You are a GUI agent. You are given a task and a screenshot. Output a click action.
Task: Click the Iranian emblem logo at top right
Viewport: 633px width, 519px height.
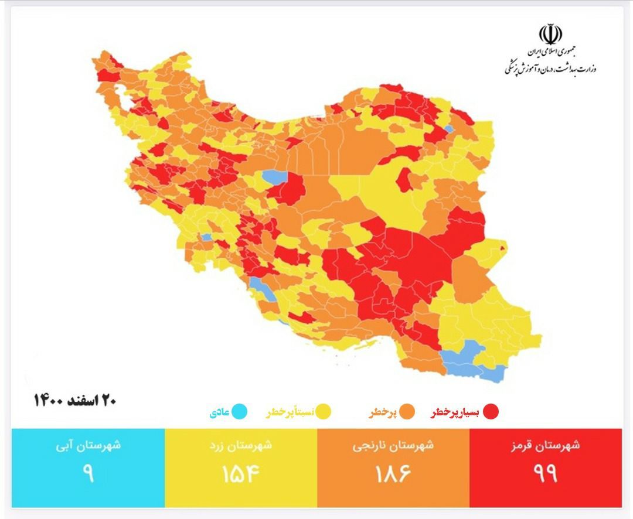coord(550,34)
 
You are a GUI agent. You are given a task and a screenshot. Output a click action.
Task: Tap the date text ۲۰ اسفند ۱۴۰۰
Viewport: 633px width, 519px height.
coord(74,400)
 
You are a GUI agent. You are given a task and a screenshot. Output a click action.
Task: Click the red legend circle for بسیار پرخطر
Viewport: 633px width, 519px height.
coord(490,412)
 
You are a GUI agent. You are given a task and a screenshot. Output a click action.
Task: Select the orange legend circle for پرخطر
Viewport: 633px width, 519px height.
coord(407,412)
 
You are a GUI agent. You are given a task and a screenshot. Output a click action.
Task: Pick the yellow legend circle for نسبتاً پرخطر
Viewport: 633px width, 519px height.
coord(324,412)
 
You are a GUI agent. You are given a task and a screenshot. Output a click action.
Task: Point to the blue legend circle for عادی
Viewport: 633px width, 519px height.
coord(239,412)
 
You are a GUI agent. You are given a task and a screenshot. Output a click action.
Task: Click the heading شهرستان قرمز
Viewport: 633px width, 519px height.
coord(546,445)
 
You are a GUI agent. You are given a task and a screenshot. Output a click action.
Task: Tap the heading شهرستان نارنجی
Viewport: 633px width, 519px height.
coord(393,445)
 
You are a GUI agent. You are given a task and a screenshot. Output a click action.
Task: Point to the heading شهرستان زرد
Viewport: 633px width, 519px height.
coord(240,445)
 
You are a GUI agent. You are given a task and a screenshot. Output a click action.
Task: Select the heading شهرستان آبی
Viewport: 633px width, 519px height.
coord(88,445)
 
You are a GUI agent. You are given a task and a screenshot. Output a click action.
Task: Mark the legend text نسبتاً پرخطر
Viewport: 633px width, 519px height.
coord(290,412)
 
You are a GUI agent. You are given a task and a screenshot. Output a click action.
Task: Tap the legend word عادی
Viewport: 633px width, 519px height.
coord(219,412)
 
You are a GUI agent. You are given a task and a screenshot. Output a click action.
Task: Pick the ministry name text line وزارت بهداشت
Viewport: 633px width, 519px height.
coord(550,69)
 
